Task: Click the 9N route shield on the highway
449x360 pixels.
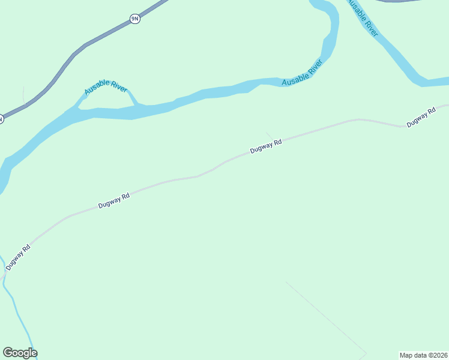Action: (135, 19)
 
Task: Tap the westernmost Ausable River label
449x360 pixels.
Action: (106, 87)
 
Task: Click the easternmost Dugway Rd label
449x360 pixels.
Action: (420, 117)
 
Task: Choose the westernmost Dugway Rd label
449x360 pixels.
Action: (18, 257)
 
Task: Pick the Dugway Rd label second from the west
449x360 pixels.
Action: (114, 201)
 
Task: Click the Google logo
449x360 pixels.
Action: (20, 353)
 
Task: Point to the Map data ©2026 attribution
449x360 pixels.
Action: (423, 355)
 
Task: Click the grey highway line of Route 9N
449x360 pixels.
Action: (72, 57)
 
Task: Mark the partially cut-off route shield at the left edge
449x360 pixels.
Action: (2, 119)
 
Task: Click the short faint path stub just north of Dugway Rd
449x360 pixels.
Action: (268, 134)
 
